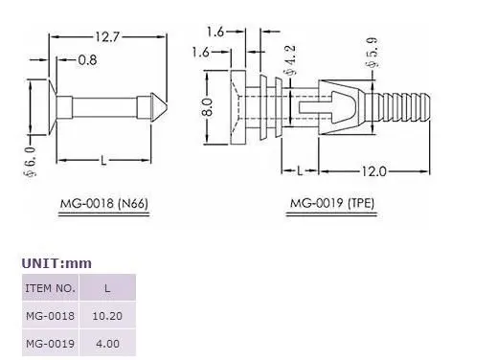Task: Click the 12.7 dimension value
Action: tap(107, 37)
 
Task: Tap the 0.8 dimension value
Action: tap(87, 60)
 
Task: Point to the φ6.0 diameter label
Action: tap(31, 162)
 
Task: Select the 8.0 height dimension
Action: tap(208, 107)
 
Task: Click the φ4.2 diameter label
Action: tap(290, 60)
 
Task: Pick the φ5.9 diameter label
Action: tap(372, 53)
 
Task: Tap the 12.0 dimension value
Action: tap(373, 171)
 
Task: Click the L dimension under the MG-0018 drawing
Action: tap(103, 160)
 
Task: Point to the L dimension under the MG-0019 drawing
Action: tap(300, 171)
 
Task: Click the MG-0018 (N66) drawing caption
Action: tap(104, 203)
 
